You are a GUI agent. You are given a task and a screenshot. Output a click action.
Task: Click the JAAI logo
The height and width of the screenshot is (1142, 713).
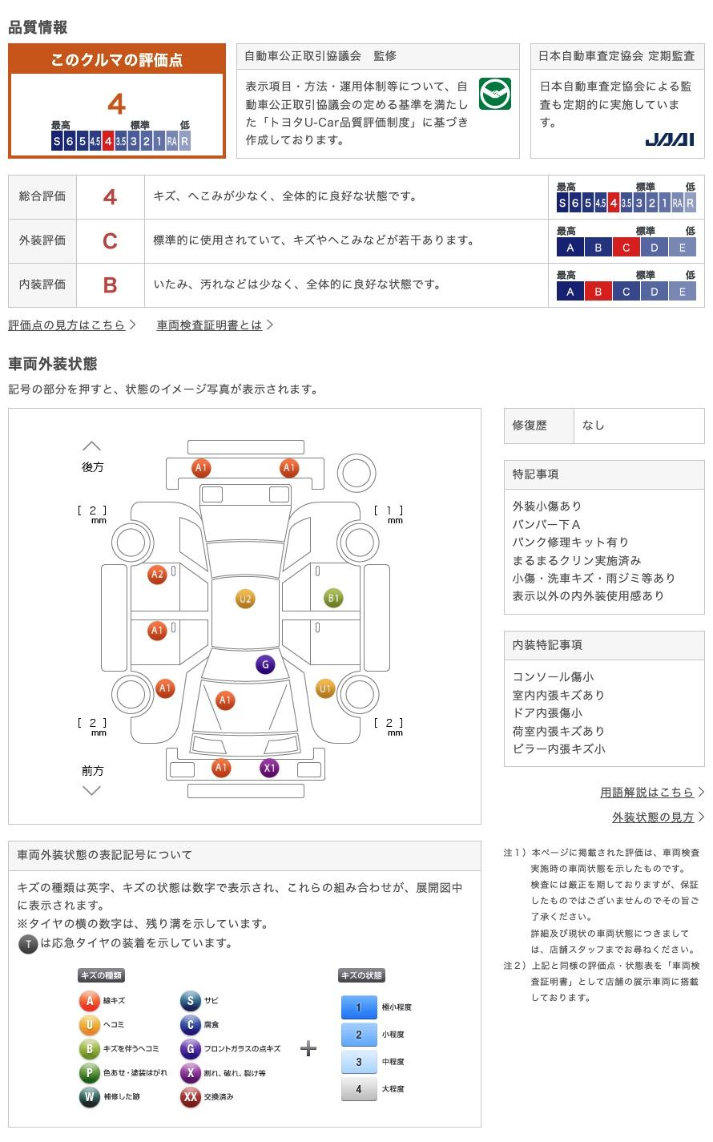click(669, 139)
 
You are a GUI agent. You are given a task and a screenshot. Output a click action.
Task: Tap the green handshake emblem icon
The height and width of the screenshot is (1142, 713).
click(494, 94)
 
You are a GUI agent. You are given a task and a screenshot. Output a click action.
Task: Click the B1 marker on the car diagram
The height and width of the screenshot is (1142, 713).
click(333, 598)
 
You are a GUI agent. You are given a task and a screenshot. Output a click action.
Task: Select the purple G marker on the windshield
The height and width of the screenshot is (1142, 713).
click(265, 664)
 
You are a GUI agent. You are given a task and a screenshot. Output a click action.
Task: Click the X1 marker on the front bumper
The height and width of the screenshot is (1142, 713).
click(269, 768)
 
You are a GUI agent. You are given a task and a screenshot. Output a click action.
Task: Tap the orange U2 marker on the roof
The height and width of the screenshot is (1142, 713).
click(245, 599)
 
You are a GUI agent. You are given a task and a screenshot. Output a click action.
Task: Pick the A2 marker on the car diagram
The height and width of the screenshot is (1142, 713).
click(157, 574)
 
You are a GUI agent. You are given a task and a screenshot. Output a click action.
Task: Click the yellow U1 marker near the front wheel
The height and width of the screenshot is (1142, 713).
click(325, 688)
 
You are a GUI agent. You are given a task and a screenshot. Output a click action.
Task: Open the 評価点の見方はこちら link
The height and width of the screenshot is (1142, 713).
click(67, 325)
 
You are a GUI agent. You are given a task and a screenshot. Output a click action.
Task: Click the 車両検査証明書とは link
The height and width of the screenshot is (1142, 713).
click(209, 325)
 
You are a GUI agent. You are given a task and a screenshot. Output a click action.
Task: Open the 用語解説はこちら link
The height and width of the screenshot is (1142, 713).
click(647, 793)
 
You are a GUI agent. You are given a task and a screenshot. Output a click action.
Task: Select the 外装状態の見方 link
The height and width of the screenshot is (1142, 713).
click(653, 817)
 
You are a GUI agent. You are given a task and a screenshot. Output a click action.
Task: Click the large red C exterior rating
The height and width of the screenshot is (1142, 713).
click(110, 241)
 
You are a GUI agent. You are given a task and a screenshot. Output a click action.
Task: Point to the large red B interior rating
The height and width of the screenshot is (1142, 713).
click(110, 285)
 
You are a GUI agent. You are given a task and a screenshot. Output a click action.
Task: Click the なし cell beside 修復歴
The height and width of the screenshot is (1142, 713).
click(594, 426)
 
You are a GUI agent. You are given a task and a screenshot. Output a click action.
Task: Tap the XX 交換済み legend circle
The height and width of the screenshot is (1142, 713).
click(190, 1097)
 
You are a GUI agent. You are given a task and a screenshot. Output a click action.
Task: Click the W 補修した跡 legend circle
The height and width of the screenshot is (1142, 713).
click(89, 1097)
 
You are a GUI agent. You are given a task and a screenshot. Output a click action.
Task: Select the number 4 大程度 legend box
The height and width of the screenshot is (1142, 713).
click(358, 1089)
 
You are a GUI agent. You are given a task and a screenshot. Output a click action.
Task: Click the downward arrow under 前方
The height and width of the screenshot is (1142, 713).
click(92, 791)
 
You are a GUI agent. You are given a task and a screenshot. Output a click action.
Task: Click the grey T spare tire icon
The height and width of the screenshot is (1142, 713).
click(28, 944)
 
